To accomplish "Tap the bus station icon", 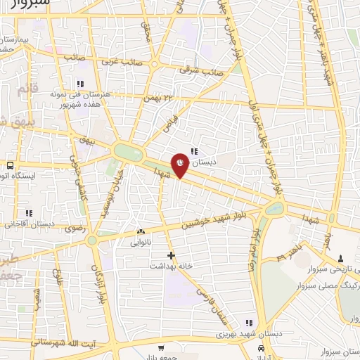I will [11, 166].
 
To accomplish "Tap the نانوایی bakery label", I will [141, 243].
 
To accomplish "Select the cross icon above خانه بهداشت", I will [170, 255].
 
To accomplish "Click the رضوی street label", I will [74, 228].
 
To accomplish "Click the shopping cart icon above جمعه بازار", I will [161, 347].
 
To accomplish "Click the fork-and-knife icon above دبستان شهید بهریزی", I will [246, 322].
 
